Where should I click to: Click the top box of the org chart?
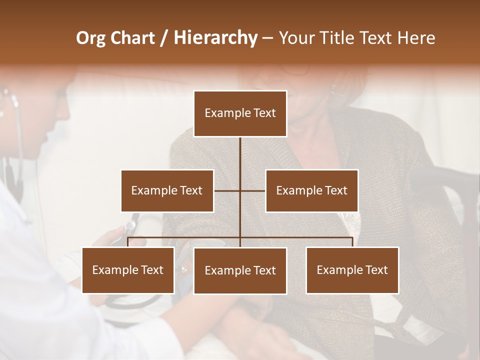240,113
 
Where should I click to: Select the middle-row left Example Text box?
167,190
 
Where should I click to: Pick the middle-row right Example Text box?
311,190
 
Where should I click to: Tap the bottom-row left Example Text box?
128,270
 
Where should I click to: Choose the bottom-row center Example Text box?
240,270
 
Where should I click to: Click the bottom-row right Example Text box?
352,270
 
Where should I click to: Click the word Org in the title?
91,38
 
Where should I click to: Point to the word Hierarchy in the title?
215,38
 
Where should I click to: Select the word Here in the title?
416,38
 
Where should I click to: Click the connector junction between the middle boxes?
240,190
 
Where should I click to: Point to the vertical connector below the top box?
240,155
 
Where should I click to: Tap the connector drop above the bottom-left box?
128,242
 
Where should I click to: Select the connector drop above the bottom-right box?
352,242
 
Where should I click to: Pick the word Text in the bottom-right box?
376,270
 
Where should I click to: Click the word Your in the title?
295,38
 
